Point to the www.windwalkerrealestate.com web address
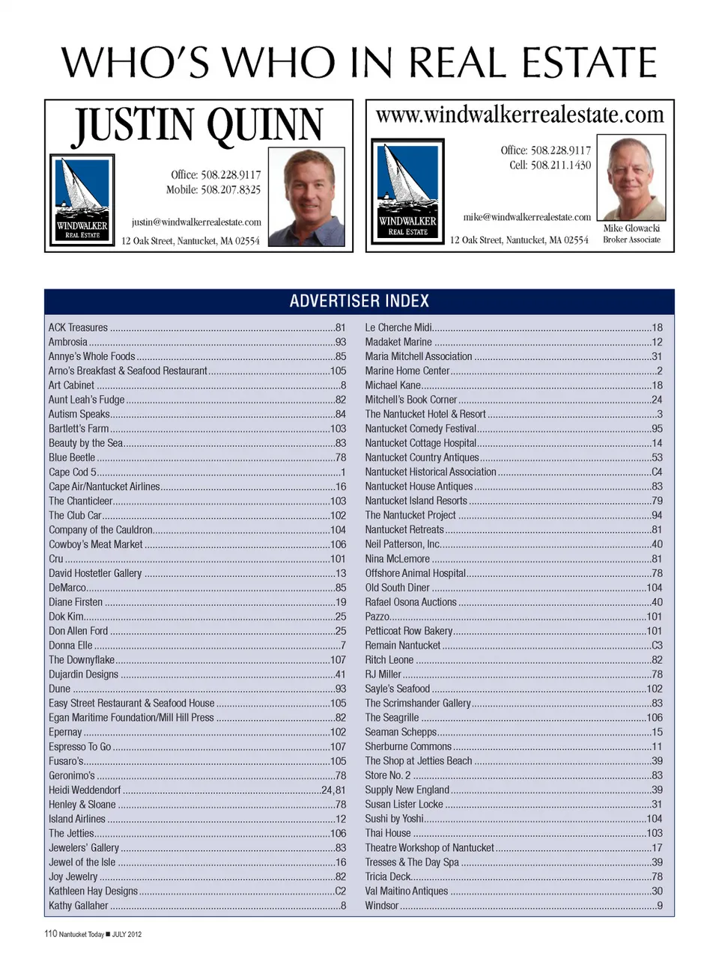coord(520,115)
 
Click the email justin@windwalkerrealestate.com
coord(196,222)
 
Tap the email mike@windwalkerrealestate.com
coord(527,217)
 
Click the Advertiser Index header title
coord(359,301)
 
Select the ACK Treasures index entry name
coord(78,328)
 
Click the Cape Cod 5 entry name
coord(73,472)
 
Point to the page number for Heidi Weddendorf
coord(333,790)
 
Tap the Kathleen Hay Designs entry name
coord(93,891)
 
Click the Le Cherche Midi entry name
coord(398,328)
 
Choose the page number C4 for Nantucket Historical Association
coord(657,472)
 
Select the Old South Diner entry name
coord(397,588)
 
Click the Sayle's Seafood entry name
coord(397,689)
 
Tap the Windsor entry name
coord(381,906)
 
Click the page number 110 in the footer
coord(50,933)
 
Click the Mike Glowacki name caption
coord(631,228)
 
